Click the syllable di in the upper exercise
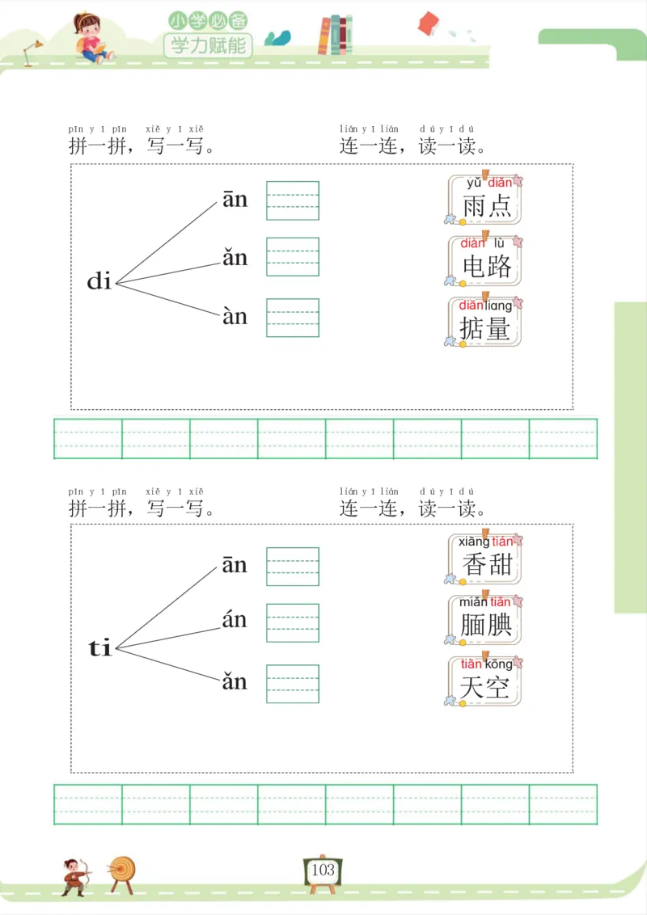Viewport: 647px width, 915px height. [x=99, y=281]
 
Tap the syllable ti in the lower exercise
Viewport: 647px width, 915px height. [x=99, y=647]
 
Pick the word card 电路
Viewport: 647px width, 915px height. [x=485, y=260]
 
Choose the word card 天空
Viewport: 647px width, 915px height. [x=484, y=681]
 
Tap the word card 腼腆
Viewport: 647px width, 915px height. [x=485, y=620]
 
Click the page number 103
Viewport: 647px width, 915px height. [x=323, y=871]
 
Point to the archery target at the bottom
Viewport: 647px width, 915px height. [x=123, y=871]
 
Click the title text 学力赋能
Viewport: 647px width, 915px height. [x=208, y=45]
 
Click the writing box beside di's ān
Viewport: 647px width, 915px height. [x=293, y=200]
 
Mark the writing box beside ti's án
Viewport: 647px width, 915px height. [x=293, y=622]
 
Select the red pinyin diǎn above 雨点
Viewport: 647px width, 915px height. [x=500, y=183]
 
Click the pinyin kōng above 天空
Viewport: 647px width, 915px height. [x=498, y=664]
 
